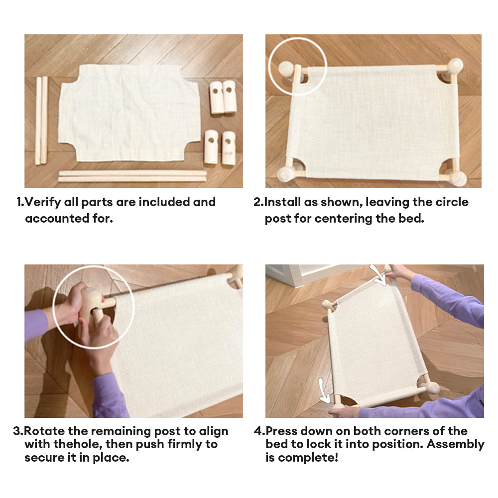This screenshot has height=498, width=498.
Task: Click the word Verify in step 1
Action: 42,202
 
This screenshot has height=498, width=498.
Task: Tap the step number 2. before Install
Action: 258,202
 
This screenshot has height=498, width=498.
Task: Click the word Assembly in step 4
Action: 456,445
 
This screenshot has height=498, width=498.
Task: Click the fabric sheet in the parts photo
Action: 128,113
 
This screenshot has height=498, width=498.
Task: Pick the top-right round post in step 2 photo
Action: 455,67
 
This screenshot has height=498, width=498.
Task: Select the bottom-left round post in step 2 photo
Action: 285,175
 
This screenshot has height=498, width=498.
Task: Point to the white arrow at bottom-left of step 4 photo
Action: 324,391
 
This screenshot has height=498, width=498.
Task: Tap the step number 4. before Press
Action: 259,431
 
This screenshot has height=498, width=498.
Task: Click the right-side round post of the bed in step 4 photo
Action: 432,388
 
